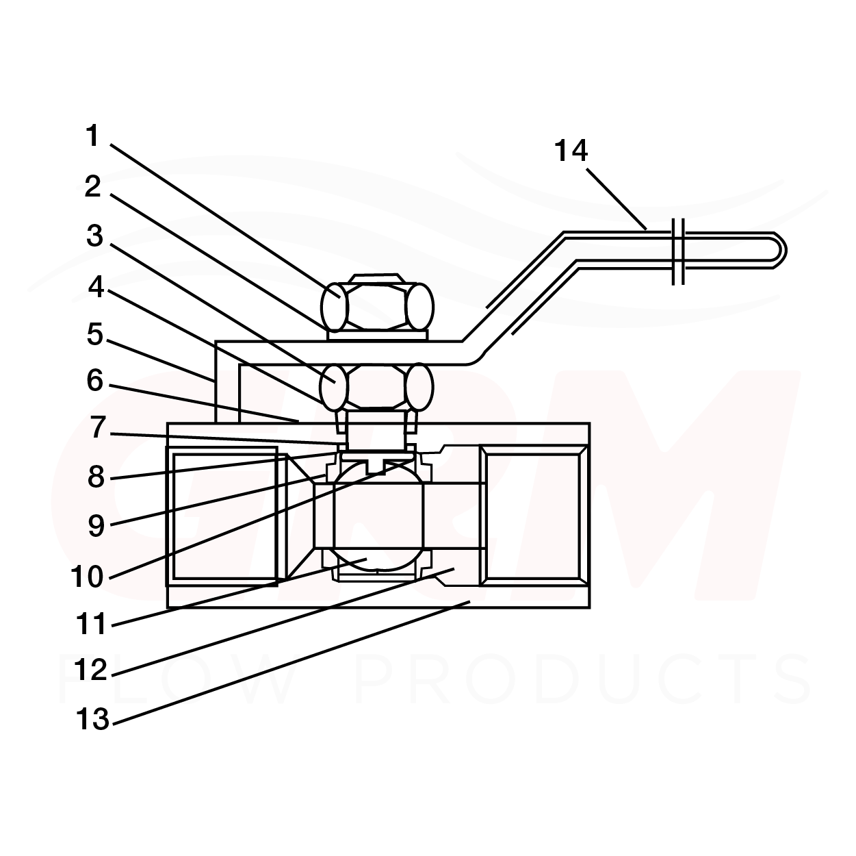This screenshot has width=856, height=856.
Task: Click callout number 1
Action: point(92,136)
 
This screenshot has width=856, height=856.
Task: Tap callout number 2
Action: point(93,187)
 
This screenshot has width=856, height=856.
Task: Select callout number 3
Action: point(94,236)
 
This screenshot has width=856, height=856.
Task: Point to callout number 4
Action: point(96,286)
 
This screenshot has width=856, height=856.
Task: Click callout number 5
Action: point(95,334)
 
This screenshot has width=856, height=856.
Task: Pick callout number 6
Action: point(95,381)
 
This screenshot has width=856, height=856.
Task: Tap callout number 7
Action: point(98,428)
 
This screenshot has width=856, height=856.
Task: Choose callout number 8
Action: point(96,477)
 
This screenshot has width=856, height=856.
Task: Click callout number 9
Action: point(96,526)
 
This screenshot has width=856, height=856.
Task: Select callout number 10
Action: point(87,577)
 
